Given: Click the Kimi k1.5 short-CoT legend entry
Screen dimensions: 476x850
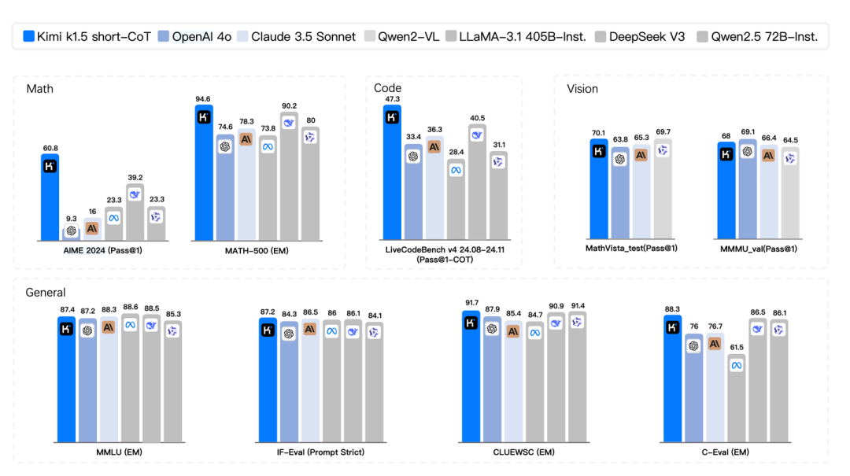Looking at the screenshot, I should click(87, 36).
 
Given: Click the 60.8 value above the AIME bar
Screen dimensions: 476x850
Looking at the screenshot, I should click(50, 147).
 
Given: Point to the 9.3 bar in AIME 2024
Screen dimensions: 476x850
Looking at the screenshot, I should click(72, 233).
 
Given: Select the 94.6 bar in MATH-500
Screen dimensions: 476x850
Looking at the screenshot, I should click(204, 173).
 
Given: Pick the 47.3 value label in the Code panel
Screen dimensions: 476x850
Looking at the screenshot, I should click(392, 99).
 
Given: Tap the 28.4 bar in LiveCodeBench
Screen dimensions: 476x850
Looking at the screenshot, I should click(456, 201).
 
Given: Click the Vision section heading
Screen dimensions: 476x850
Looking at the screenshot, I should click(582, 89).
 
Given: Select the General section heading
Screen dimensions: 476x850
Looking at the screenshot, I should click(46, 292).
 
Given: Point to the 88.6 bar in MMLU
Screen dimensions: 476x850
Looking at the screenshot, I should click(130, 382).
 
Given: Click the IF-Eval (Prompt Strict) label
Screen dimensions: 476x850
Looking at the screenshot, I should click(321, 452).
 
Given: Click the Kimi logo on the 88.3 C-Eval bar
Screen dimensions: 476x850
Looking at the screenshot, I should click(673, 328).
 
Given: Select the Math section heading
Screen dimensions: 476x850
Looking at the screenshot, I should click(39, 88).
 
